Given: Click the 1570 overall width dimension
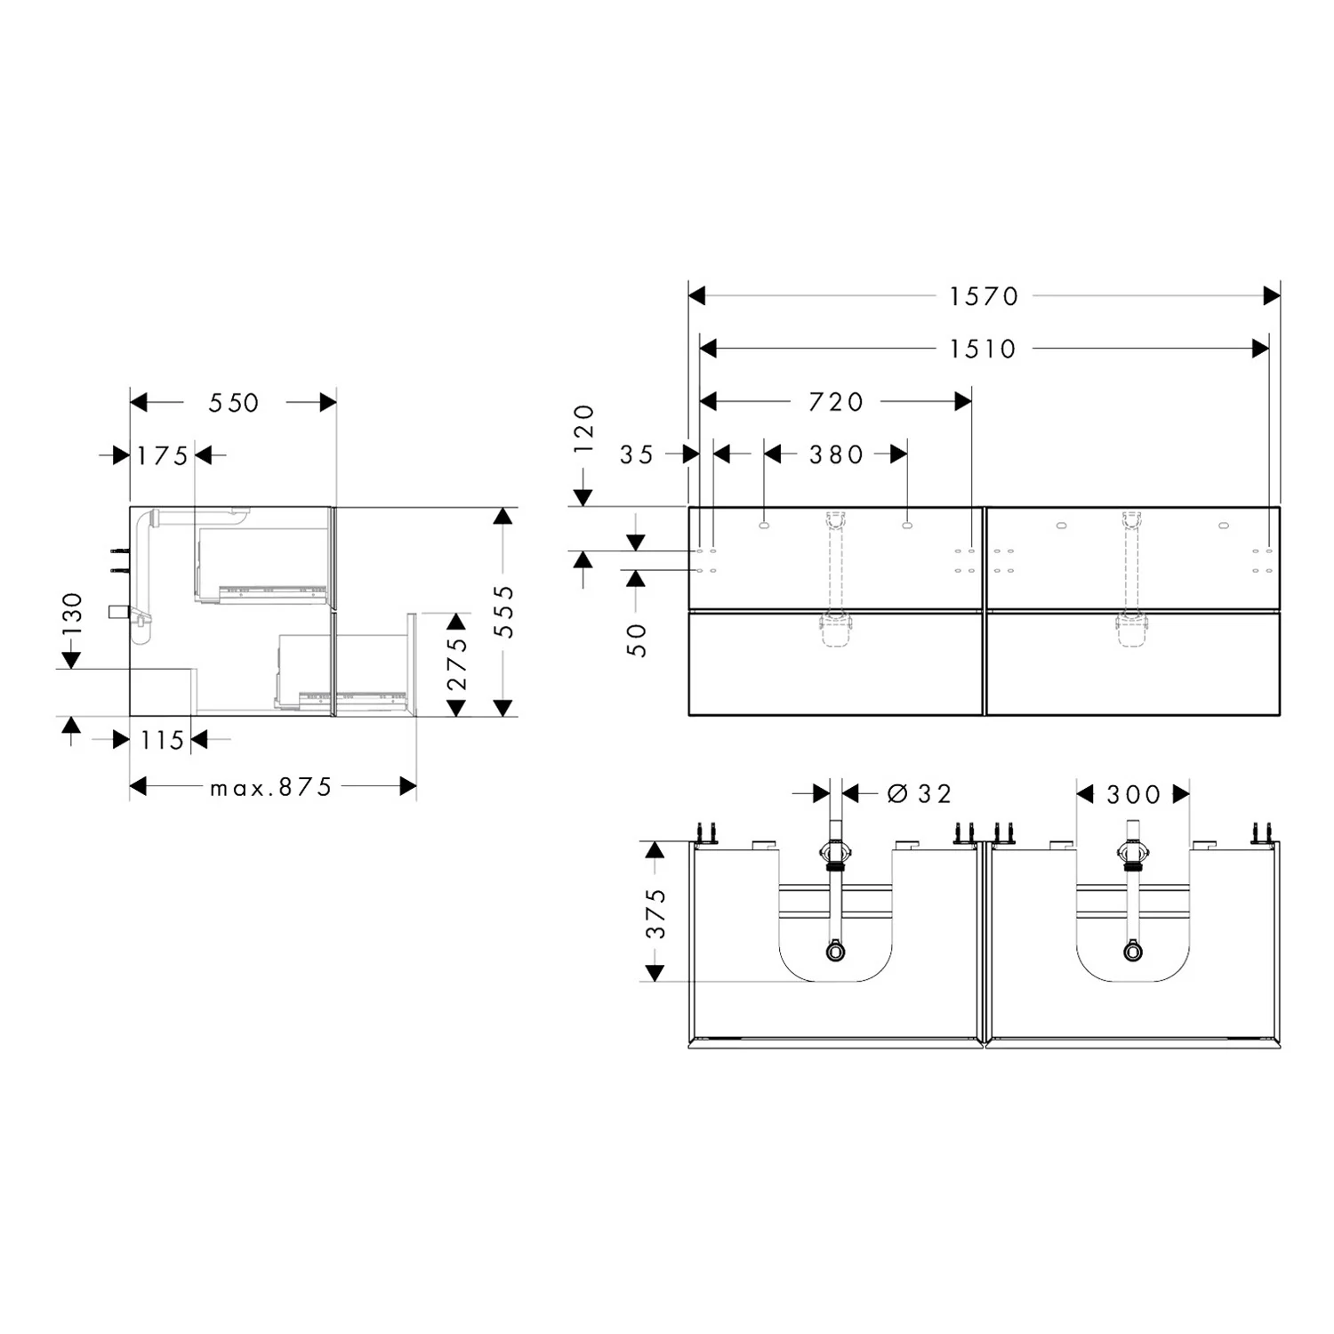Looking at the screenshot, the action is coord(984,296).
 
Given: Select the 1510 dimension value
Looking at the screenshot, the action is coord(983,349).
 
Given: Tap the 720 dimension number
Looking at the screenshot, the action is coord(836,402).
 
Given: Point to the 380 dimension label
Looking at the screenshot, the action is coord(836,455).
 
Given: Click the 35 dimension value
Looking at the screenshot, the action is coord(637,455).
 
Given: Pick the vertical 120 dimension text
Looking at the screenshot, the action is coord(583,429).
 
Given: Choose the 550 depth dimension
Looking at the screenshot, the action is coord(234,403).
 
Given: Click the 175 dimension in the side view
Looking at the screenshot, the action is coord(162,456).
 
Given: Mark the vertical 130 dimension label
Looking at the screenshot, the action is coord(72,614).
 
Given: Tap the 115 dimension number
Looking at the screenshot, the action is coord(162,740).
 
